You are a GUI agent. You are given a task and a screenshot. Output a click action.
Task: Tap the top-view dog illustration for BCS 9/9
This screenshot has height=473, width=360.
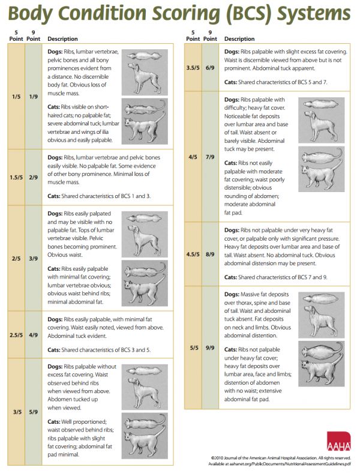point(321,298)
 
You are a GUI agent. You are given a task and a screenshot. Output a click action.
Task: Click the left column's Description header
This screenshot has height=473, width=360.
point(62,38)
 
